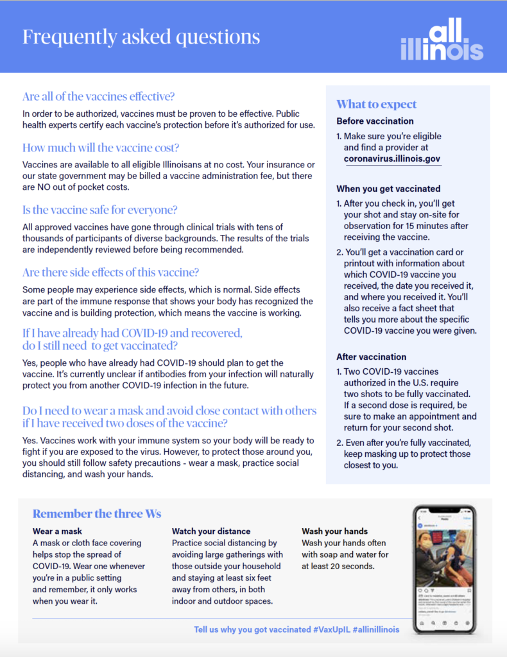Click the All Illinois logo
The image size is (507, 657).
pyautogui.click(x=442, y=40)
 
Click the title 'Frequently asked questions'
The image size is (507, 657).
pyautogui.click(x=141, y=37)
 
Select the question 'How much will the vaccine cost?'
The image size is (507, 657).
pyautogui.click(x=101, y=147)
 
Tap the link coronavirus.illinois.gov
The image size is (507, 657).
pyautogui.click(x=392, y=158)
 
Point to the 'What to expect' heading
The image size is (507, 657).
pyautogui.click(x=376, y=105)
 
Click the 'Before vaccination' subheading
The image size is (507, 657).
pyautogui.click(x=375, y=121)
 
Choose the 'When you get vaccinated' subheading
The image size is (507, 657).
pyautogui.click(x=388, y=189)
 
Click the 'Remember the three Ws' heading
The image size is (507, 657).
pyautogui.click(x=97, y=513)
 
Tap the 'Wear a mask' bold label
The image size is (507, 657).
pyautogui.click(x=57, y=531)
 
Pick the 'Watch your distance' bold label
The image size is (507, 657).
pyautogui.click(x=211, y=531)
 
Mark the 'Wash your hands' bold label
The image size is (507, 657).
pyautogui.click(x=334, y=531)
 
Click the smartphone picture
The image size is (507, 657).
pyautogui.click(x=444, y=569)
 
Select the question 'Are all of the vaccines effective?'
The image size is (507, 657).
pyautogui.click(x=98, y=97)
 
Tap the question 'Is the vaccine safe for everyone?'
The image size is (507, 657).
pyautogui.click(x=99, y=210)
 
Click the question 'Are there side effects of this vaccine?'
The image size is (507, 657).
pyautogui.click(x=110, y=272)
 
